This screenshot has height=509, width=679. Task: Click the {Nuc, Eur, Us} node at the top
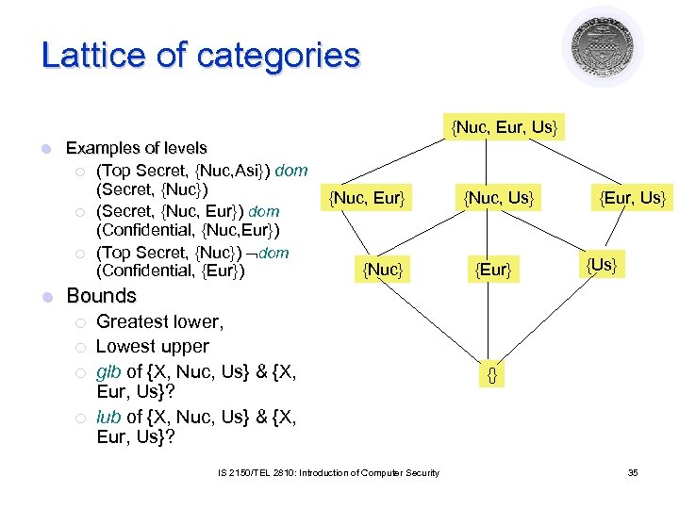click(x=505, y=125)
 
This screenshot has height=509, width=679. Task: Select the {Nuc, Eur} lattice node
click(x=366, y=198)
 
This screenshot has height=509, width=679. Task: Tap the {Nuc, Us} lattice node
click(x=499, y=198)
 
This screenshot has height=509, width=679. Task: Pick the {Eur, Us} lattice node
click(x=634, y=198)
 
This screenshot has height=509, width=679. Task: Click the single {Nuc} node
click(x=383, y=271)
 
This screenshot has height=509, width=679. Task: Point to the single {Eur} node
click(x=493, y=271)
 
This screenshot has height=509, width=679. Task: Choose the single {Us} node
click(x=602, y=265)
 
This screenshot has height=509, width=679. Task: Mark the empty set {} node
click(x=491, y=375)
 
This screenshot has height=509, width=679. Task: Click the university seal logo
click(x=603, y=45)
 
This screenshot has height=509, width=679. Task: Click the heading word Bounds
click(x=101, y=296)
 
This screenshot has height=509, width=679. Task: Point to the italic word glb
click(x=108, y=371)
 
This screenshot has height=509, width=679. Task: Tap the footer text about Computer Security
click(x=325, y=472)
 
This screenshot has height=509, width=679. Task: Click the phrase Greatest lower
click(x=159, y=322)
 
